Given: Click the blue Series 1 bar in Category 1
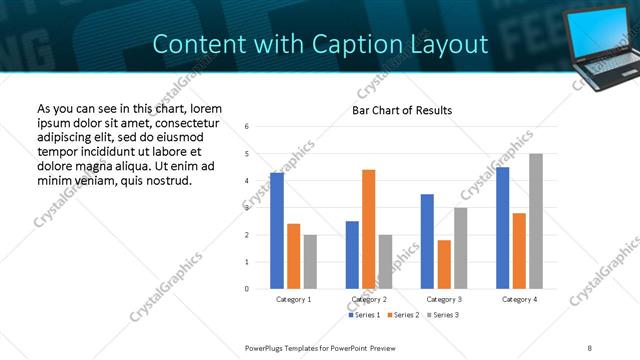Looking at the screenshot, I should point(277,231).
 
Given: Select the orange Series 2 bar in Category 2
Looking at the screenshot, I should point(369,229).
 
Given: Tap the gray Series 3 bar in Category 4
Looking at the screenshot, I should point(536,221).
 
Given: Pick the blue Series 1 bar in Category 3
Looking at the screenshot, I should point(427,241).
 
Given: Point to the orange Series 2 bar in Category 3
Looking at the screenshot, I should point(444,264).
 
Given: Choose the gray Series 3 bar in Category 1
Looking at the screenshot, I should point(310,262).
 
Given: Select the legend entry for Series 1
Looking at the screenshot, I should point(364,315).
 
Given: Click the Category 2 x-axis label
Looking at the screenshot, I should point(369,299).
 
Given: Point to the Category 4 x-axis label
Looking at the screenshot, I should point(519,299).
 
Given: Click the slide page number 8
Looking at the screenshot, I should point(589,347).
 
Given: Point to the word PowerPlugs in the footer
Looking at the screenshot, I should point(267,347).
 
